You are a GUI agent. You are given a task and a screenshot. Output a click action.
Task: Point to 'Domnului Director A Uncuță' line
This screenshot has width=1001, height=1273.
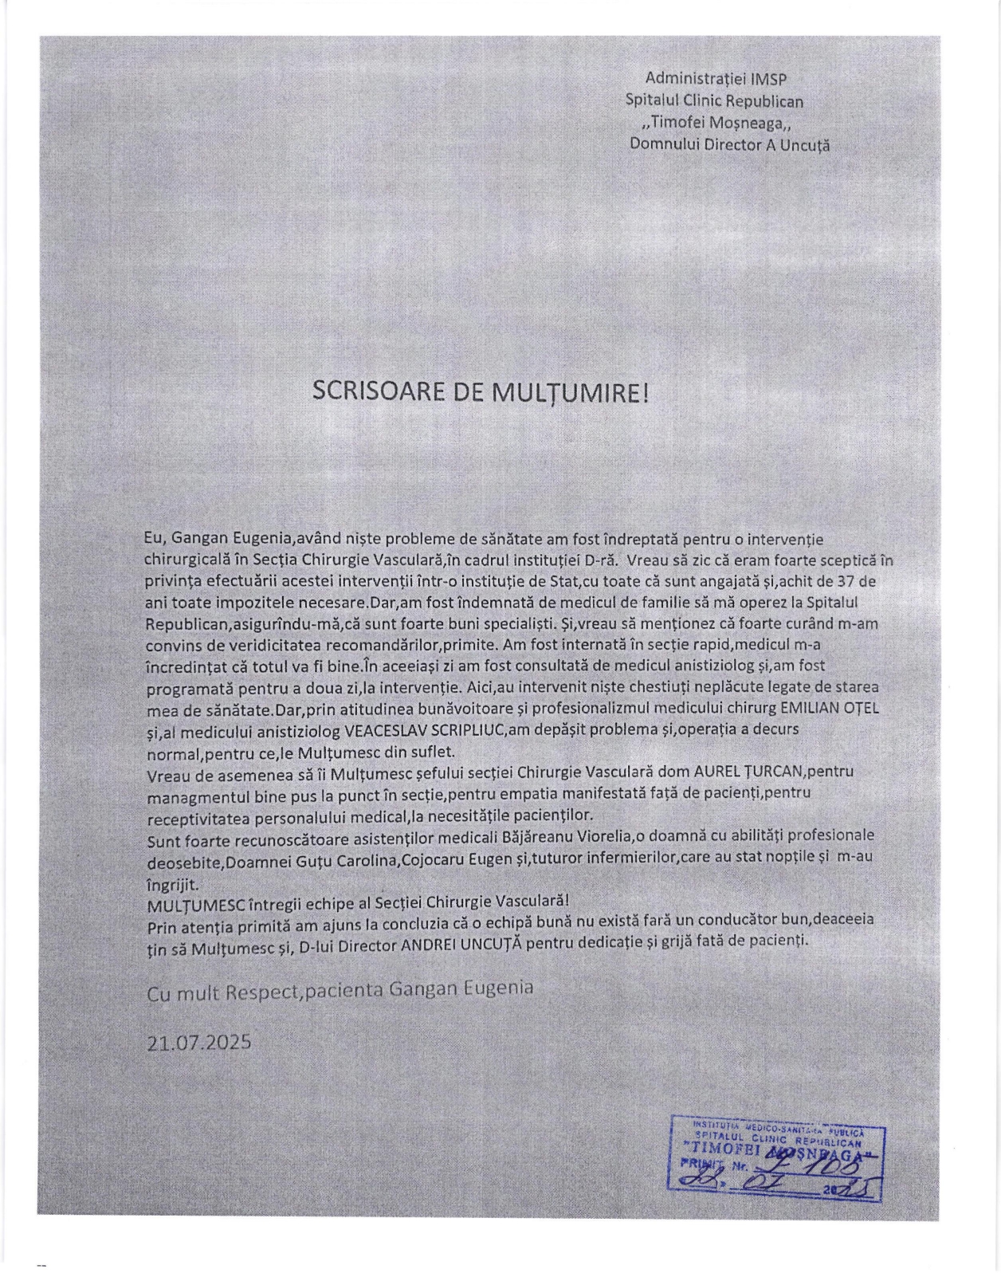point(729,145)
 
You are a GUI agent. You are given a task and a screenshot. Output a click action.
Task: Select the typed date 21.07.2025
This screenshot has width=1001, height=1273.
point(198,1041)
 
